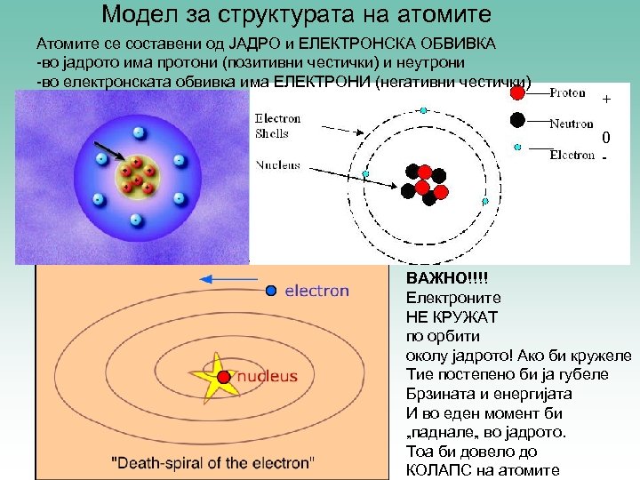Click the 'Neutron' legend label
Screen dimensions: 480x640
click(x=571, y=124)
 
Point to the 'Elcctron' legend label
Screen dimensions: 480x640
click(x=572, y=155)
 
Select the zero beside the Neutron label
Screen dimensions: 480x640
click(x=605, y=138)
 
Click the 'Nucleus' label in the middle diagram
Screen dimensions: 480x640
click(x=278, y=165)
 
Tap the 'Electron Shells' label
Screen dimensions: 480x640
click(x=278, y=125)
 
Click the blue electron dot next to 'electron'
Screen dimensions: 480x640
click(x=272, y=290)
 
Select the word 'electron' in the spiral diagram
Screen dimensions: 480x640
click(x=316, y=291)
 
